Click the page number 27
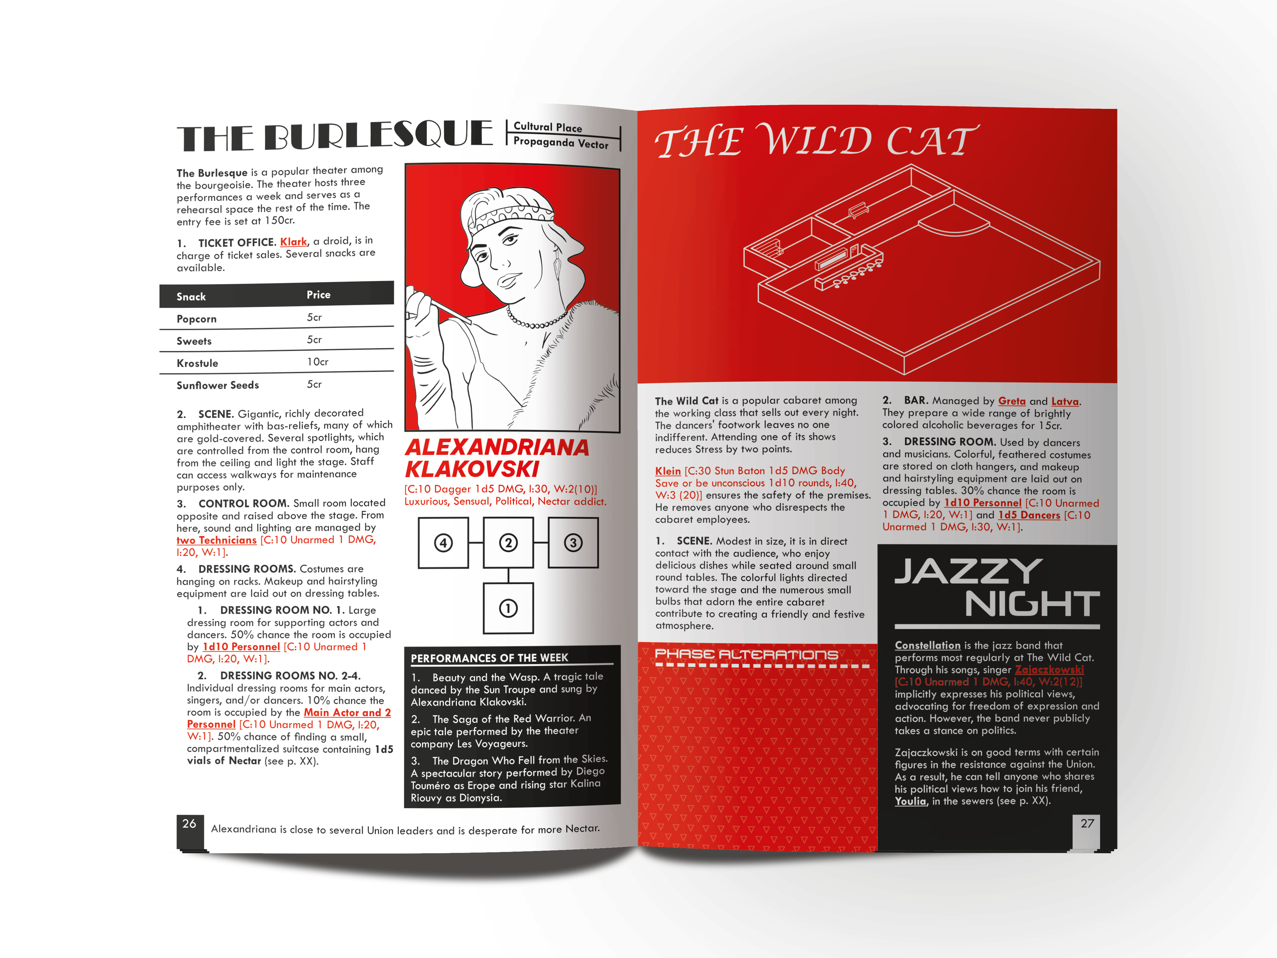click(1087, 824)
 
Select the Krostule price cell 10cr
click(318, 362)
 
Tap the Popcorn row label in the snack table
click(196, 319)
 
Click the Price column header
click(319, 294)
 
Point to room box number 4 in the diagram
click(443, 543)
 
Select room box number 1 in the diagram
click(508, 608)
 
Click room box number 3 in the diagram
click(573, 543)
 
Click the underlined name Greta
click(1012, 401)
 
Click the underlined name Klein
click(668, 471)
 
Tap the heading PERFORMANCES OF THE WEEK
click(489, 658)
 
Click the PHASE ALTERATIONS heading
click(746, 654)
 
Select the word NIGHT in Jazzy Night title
click(1032, 604)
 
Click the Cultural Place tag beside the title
click(548, 127)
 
